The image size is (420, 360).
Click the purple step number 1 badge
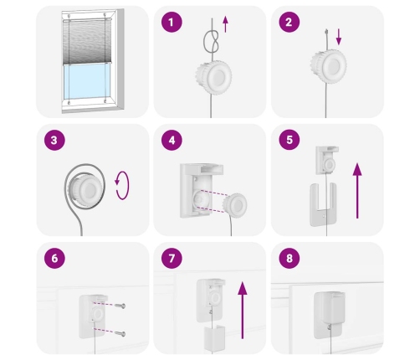point(172,22)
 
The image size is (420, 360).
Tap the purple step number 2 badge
point(289,22)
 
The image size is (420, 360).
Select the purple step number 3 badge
point(54,140)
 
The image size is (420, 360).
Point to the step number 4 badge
point(172,140)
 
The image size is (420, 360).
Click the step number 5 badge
point(289,140)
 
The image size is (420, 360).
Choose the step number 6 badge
point(54,258)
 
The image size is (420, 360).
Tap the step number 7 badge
point(172,258)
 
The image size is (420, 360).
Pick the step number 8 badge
point(289,258)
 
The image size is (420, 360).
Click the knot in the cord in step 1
point(211,42)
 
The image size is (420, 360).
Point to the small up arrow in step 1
point(225,24)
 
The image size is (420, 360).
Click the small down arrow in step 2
point(339,37)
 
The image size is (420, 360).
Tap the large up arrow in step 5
point(357,191)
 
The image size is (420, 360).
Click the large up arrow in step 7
point(243,310)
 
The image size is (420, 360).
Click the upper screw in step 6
point(120,306)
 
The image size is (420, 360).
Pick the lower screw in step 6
point(120,333)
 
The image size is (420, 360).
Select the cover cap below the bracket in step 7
point(214,338)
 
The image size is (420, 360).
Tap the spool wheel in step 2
point(329,66)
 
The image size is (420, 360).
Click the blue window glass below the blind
point(86,81)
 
